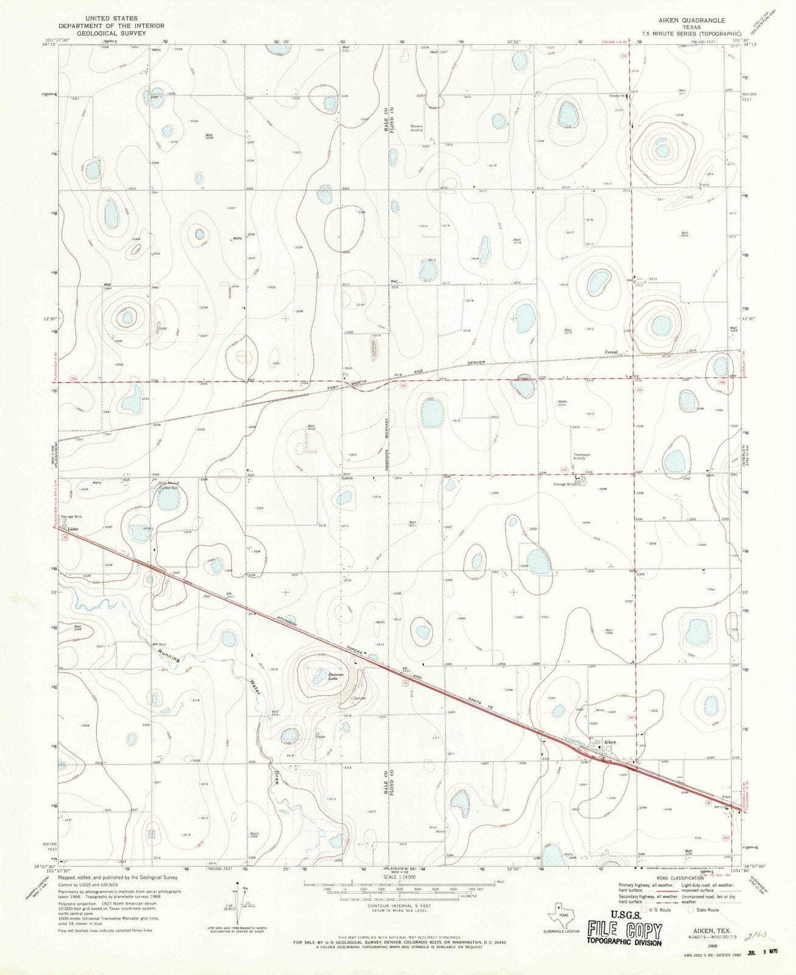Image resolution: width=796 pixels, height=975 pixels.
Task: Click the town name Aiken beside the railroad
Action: click(610, 742)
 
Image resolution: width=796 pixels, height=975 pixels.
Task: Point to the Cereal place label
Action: click(611, 352)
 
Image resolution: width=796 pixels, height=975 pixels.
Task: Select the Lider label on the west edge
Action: click(74, 529)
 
